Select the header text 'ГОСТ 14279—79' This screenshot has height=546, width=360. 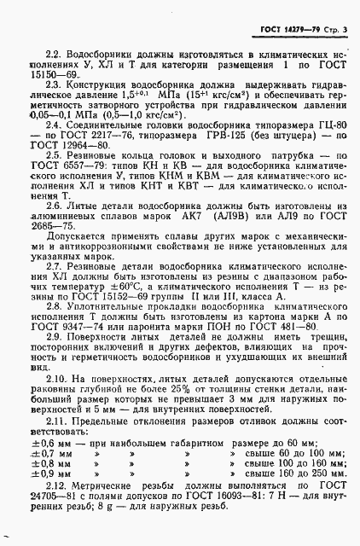[287, 10]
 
